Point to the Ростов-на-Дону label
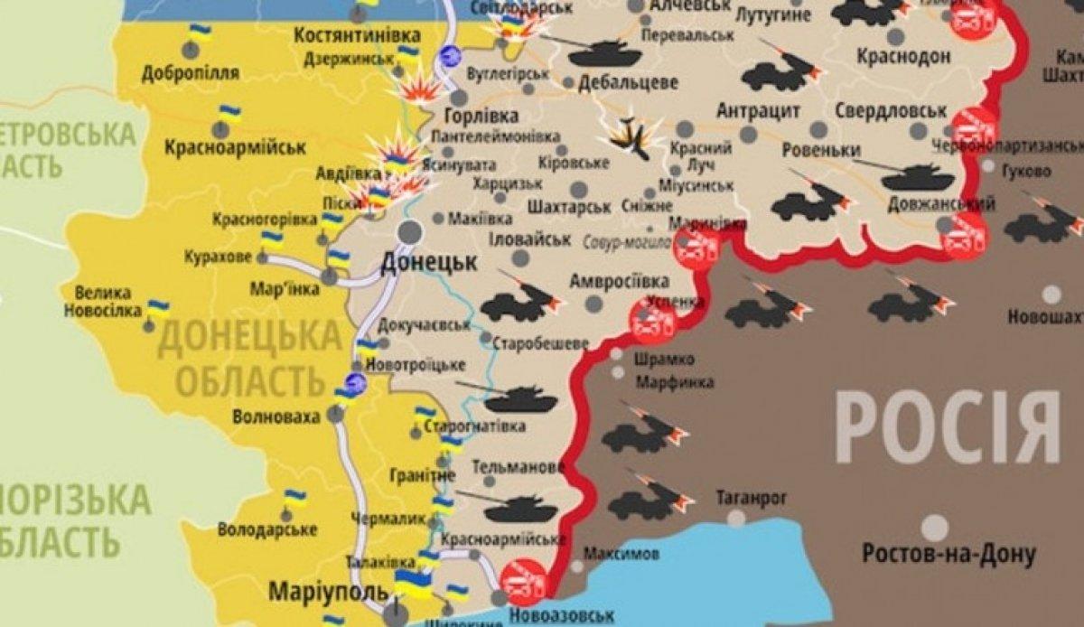948,553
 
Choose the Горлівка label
481,117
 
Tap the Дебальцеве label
629,82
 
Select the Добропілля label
190,73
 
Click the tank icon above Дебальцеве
604,52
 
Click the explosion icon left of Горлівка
417,88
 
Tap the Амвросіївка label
619,281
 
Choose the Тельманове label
519,468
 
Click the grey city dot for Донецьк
410,231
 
